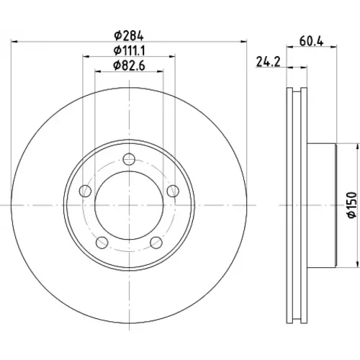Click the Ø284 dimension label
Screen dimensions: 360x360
129,36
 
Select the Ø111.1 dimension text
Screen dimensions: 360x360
130,50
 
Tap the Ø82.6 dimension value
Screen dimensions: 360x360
130,66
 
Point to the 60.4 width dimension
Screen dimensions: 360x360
311,41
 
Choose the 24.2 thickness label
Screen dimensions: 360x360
268,62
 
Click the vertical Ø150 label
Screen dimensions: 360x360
352,204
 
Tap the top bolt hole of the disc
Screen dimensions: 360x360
129,159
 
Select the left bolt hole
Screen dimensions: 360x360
85,191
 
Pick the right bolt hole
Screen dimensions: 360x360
173,191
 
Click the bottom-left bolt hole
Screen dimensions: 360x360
102,243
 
